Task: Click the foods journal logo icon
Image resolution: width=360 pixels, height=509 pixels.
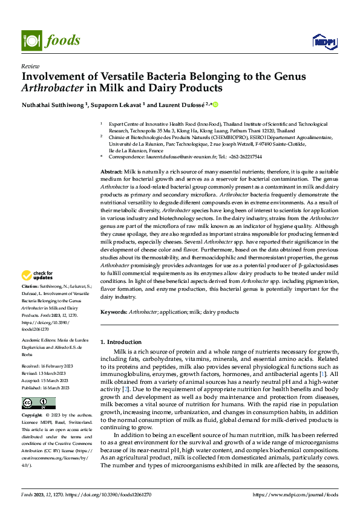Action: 31,40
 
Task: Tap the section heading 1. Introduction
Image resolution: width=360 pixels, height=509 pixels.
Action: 121,342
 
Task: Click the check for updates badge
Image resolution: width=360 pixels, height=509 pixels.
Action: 38,276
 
